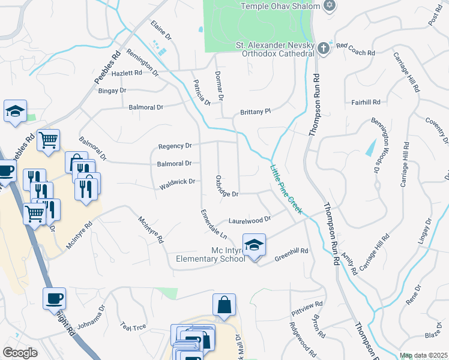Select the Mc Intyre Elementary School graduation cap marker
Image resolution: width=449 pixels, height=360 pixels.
[255, 245]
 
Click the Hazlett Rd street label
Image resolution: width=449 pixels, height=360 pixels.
[126, 73]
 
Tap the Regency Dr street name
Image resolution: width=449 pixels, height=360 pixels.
[175, 146]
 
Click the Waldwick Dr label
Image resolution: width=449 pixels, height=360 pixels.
[178, 184]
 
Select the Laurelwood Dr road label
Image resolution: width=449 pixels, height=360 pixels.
[250, 220]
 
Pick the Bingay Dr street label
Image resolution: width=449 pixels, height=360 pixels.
[112, 90]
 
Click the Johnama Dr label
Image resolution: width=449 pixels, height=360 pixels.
[91, 317]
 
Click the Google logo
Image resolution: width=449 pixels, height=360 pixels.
[19, 352]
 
